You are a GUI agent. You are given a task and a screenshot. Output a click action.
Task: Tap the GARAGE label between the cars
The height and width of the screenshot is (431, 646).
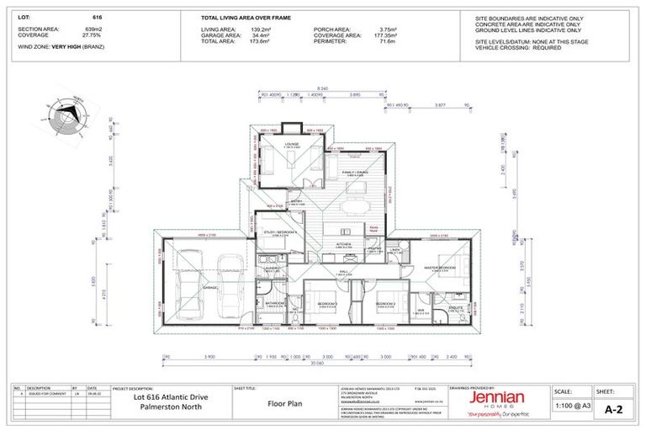pos(209,287)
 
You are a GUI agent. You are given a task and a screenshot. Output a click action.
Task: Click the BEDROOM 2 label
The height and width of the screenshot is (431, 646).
pos(386,303)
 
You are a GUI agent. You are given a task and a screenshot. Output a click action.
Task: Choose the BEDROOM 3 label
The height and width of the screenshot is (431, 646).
pos(327,303)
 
